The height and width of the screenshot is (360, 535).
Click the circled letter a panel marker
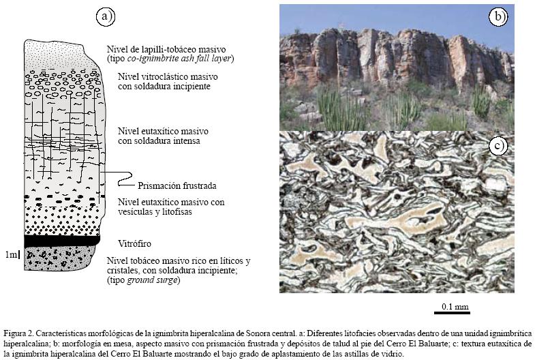(x=104, y=17)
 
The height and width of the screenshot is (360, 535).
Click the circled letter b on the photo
(x=500, y=16)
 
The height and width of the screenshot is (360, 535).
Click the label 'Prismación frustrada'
(x=177, y=185)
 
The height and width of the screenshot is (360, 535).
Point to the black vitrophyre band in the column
(x=62, y=241)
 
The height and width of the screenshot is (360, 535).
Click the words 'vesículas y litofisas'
(x=155, y=213)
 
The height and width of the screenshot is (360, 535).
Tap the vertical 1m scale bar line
(x=20, y=255)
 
